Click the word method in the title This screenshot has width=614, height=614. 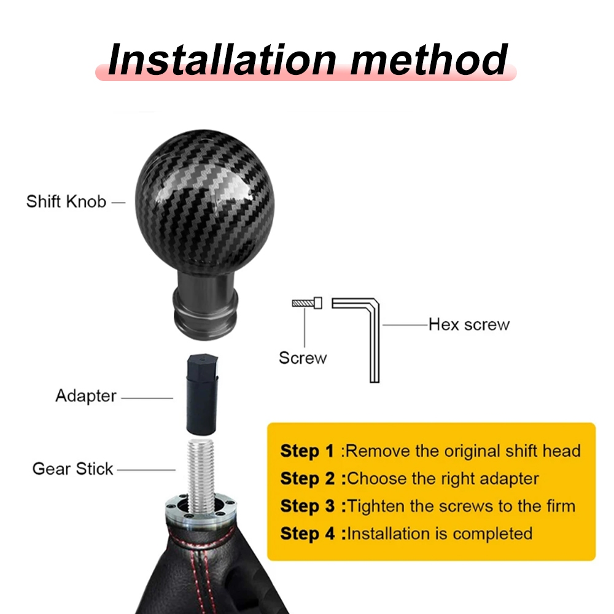[x=429, y=60]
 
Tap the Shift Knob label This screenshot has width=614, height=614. [x=66, y=201]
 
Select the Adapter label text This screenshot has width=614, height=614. [x=86, y=396]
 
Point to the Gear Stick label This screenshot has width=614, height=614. [x=73, y=468]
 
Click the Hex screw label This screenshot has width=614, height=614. [x=469, y=325]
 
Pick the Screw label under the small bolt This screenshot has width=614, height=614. [x=303, y=358]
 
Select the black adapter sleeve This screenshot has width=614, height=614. [x=202, y=395]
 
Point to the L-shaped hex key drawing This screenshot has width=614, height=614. [x=375, y=341]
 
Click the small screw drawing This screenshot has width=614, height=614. [x=307, y=303]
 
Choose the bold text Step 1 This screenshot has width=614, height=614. [x=307, y=451]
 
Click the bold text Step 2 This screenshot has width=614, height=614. [x=308, y=478]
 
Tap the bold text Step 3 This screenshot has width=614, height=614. [x=308, y=506]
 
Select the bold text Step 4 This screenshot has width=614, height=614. [x=308, y=534]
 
